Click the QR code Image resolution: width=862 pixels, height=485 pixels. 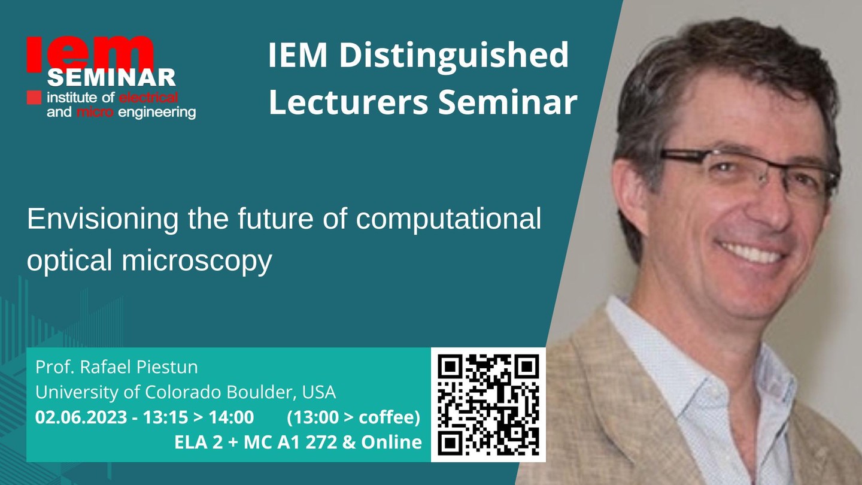[x=488, y=405]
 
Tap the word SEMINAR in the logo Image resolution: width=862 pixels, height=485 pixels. [x=111, y=78]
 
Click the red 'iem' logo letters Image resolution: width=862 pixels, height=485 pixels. [x=90, y=54]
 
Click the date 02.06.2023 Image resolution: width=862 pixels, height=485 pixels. [x=81, y=417]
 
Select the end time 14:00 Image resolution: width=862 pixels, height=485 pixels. [x=231, y=417]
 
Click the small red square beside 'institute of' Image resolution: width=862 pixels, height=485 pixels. [x=34, y=98]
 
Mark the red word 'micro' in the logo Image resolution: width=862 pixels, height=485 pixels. [x=95, y=113]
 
